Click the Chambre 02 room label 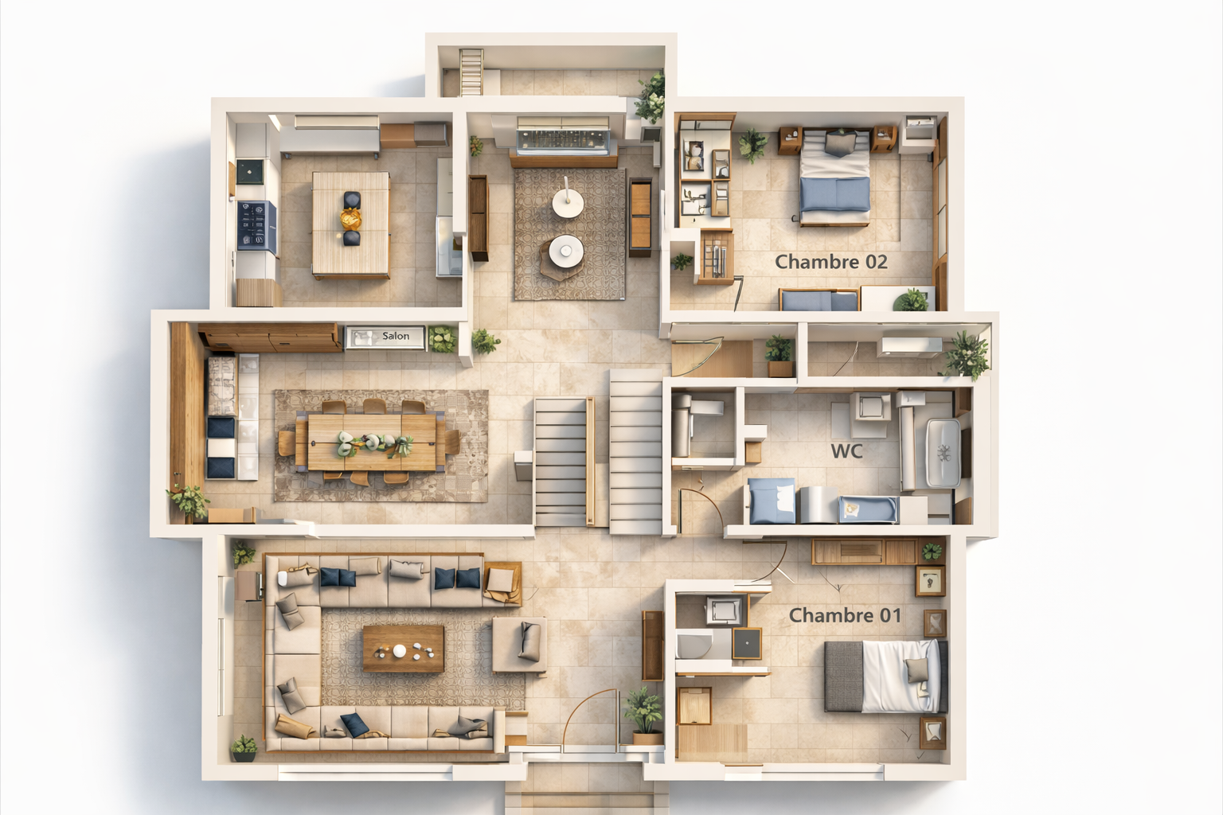(x=831, y=262)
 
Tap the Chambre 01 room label (x=845, y=616)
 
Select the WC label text (x=847, y=451)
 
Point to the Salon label (x=395, y=336)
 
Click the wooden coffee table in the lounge (x=404, y=649)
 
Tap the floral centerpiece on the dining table (x=374, y=444)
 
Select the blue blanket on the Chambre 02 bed (x=834, y=194)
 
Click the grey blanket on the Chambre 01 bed (x=843, y=677)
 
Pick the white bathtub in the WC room (x=943, y=453)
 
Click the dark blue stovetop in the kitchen (x=256, y=226)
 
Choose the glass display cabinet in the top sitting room (x=563, y=142)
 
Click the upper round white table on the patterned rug (x=568, y=203)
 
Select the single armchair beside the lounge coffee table (x=519, y=645)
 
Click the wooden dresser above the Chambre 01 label (x=864, y=552)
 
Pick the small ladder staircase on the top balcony (x=471, y=72)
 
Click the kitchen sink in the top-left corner (x=249, y=172)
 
